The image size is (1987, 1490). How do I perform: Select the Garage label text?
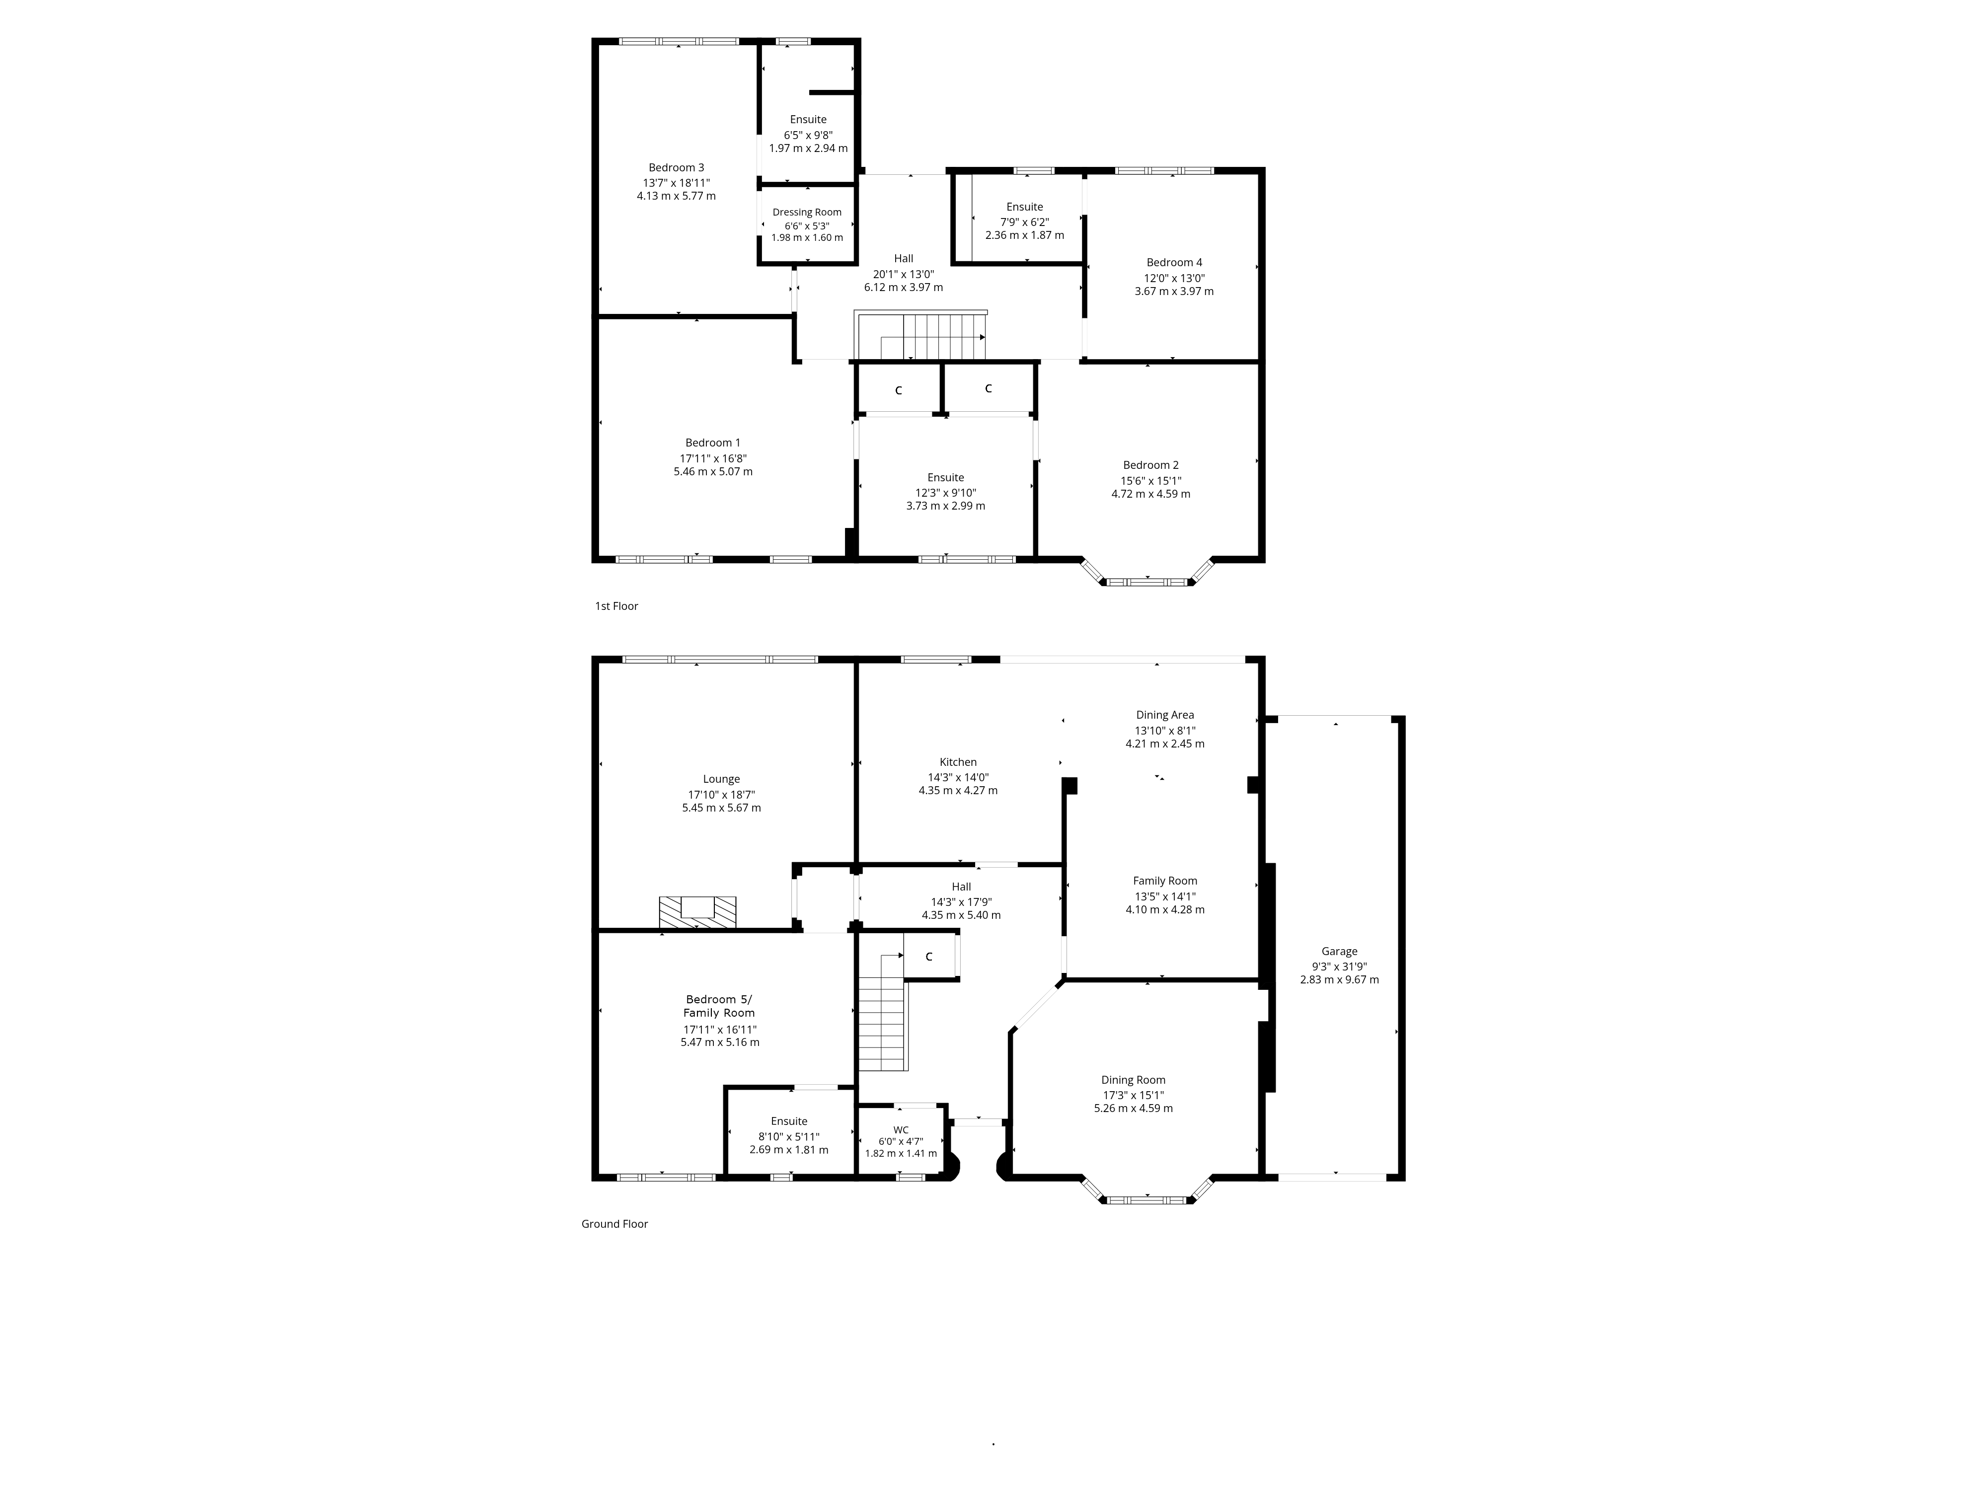(x=1339, y=951)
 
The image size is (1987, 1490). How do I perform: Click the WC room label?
(x=901, y=1130)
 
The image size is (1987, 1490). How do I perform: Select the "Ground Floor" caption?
(x=614, y=1223)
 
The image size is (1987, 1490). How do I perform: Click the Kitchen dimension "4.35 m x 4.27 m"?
(x=958, y=790)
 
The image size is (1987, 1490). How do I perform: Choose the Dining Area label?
(x=1165, y=715)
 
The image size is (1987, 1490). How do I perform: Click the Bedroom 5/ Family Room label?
(x=719, y=1006)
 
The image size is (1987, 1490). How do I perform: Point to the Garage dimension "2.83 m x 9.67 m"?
(x=1339, y=980)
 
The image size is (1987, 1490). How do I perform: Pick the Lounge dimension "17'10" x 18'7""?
(x=721, y=795)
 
